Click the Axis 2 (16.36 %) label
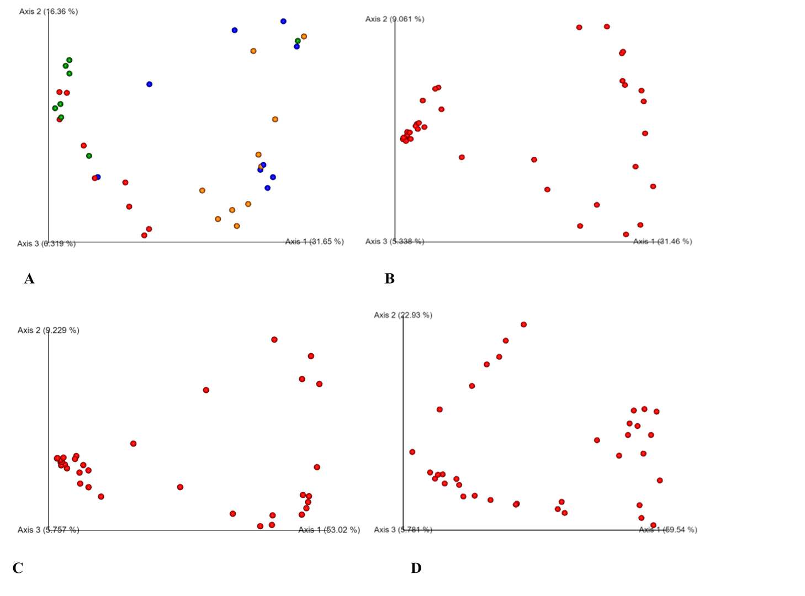point(49,11)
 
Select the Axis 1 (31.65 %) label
point(314,241)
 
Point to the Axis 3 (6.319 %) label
point(46,243)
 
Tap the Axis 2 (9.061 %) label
point(395,19)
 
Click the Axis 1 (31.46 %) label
point(662,241)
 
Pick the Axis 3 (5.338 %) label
point(395,241)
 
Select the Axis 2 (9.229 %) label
point(49,330)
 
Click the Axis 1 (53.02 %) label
point(329,530)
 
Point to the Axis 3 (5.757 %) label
point(49,530)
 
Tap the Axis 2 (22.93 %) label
point(403,315)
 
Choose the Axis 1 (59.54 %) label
point(668,530)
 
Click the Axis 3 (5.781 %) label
point(403,530)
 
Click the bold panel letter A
point(29,279)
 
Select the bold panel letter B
point(389,279)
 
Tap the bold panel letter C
point(18,568)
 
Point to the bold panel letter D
point(416,568)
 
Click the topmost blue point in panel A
point(283,22)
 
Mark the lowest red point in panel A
point(144,236)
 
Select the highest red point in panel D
point(523,324)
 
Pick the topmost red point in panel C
point(274,339)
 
